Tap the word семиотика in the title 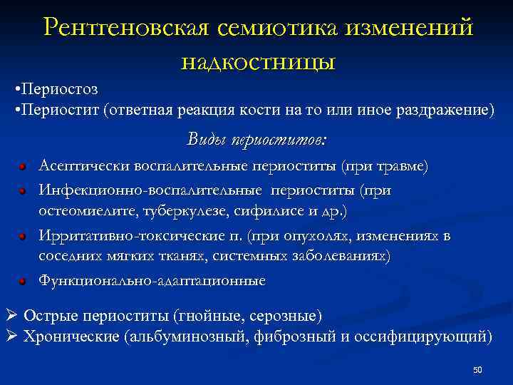tap(275, 27)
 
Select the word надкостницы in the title tap(258, 61)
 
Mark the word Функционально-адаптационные tap(152, 281)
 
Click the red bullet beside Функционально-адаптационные tap(24, 282)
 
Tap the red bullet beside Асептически tap(24, 167)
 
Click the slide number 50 tap(477, 369)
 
